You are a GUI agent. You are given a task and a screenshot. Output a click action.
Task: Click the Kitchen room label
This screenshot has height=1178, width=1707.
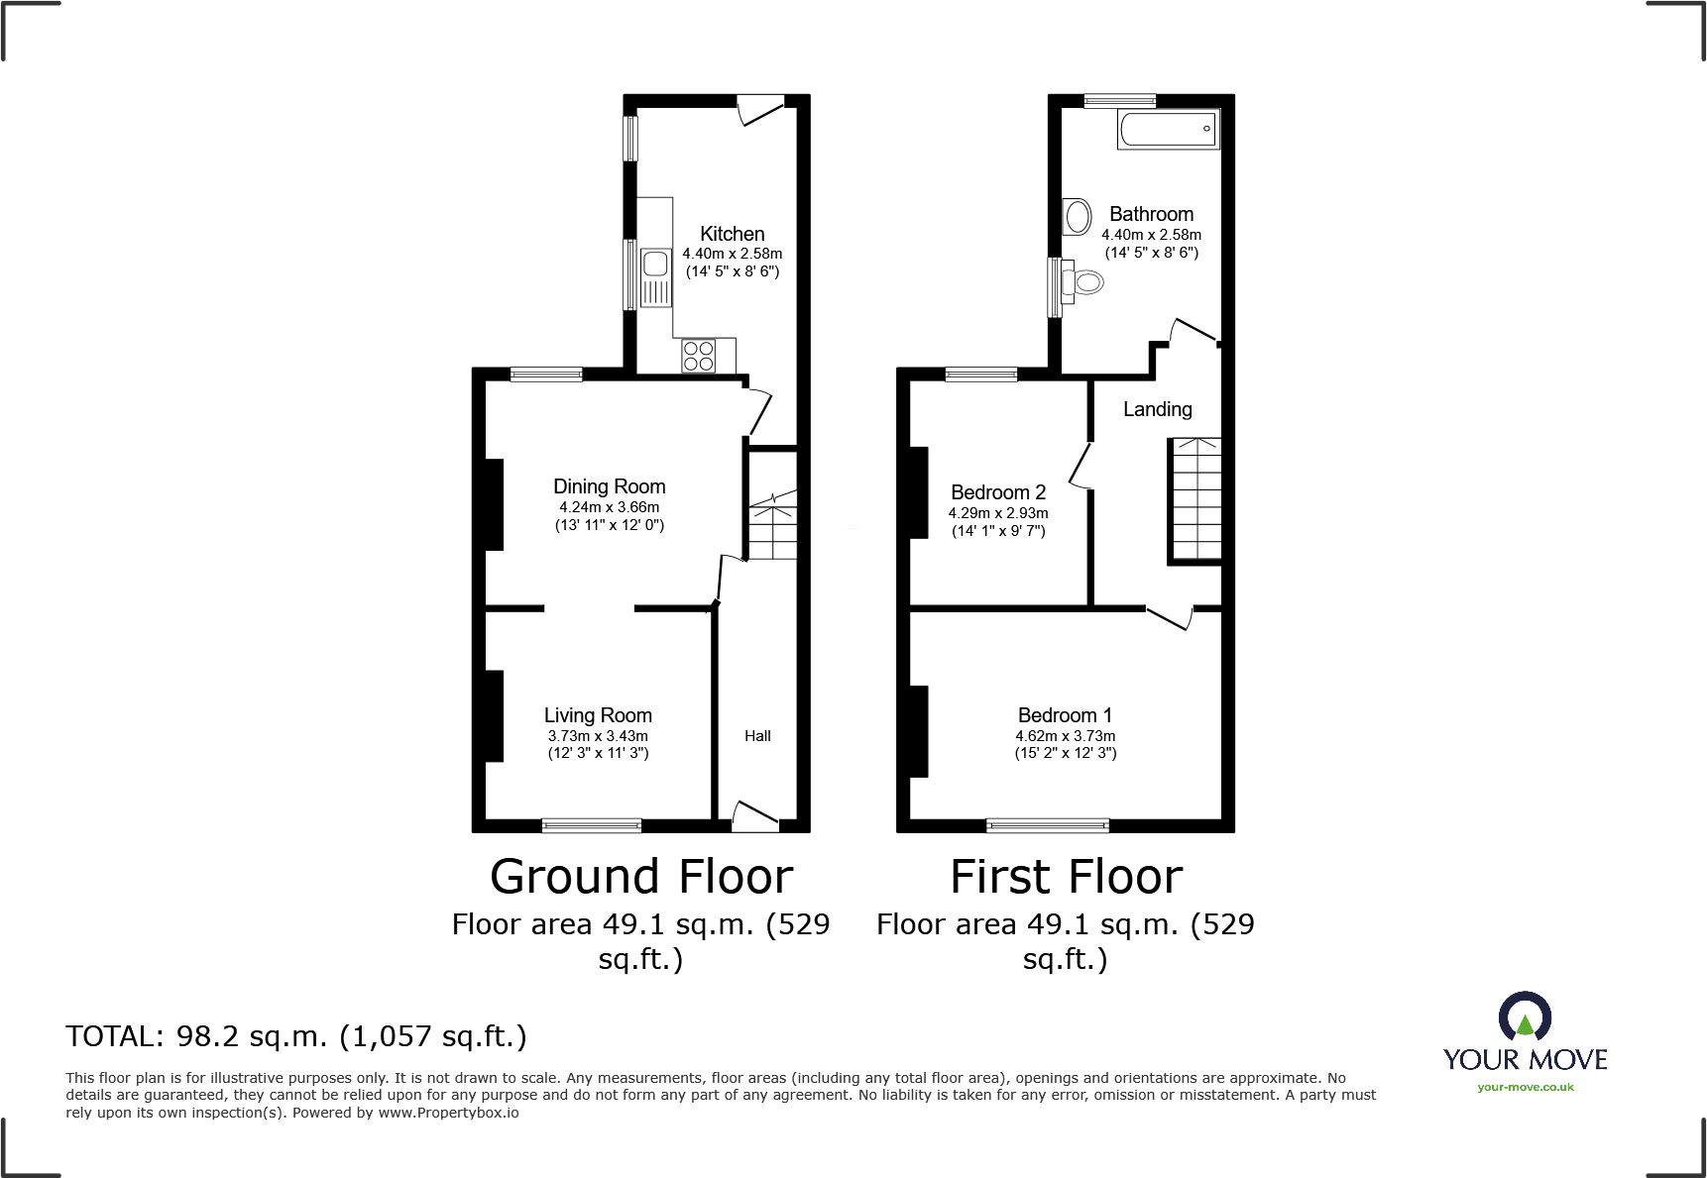(732, 234)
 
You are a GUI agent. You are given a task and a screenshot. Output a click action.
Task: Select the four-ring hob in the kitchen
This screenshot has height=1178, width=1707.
(699, 356)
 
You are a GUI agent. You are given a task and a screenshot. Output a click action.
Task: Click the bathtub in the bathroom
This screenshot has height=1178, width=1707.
(1168, 129)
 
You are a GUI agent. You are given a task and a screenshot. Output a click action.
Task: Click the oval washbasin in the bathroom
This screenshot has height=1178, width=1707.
(1077, 216)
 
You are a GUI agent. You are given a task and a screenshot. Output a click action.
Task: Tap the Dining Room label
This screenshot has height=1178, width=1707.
(609, 486)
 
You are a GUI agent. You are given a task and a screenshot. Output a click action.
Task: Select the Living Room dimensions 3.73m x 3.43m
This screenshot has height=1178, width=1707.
(598, 736)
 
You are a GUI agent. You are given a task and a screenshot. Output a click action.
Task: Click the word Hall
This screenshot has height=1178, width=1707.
(757, 736)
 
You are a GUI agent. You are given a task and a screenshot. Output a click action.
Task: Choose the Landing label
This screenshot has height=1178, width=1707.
(1157, 409)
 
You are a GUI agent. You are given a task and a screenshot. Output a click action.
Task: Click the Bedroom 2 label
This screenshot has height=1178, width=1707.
(997, 492)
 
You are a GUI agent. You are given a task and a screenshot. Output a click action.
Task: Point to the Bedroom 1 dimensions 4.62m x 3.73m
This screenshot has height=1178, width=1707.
(1065, 736)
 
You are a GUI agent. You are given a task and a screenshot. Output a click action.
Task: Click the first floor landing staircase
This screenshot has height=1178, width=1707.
(1195, 500)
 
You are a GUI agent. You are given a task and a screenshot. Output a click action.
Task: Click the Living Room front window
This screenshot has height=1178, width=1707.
(592, 825)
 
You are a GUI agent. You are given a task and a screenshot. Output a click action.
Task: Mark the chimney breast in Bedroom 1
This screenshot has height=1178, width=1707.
(918, 731)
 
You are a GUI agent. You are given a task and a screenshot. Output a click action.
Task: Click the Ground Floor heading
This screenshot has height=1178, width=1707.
(641, 877)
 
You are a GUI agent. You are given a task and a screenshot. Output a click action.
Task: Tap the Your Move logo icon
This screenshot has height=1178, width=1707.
(1525, 1017)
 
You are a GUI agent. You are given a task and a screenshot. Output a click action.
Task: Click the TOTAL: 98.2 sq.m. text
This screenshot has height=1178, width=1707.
(295, 1036)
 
